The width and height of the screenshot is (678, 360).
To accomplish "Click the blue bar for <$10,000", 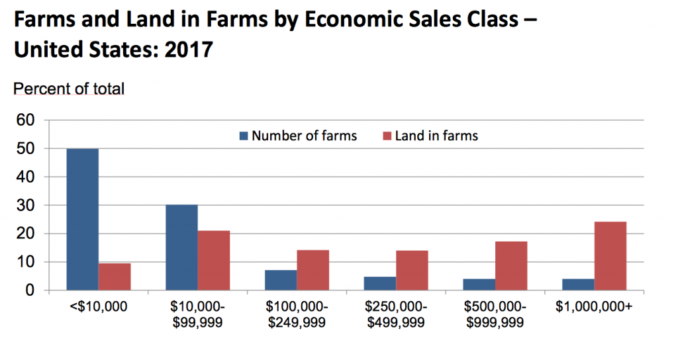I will coord(82,220).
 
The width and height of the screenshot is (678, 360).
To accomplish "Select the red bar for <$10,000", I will coord(115,277).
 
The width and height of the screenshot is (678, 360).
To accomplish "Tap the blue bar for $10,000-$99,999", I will coord(181,247).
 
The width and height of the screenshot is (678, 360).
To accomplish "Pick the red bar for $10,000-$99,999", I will coord(214,261).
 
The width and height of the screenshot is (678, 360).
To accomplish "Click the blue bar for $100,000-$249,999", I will coord(281,280).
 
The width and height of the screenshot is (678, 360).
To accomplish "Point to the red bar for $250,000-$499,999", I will coord(412,270).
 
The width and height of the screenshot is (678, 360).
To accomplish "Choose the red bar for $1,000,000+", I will coord(610,256).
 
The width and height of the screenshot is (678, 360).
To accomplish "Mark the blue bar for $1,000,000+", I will coord(577,284).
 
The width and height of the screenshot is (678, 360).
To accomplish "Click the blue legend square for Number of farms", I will coord(244,136).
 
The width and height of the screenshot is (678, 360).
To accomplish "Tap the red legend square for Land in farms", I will coord(387,136).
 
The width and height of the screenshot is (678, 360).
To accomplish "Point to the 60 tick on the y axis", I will coord(24,120).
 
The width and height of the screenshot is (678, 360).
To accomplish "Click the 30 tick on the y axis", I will coord(24,206).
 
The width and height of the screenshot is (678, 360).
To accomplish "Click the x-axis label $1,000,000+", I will coord(593,308).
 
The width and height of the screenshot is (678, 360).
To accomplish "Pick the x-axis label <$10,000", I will coord(98,308).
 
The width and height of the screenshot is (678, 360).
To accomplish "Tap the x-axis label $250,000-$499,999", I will coord(396,314).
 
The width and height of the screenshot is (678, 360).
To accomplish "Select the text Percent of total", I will coord(69,88).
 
